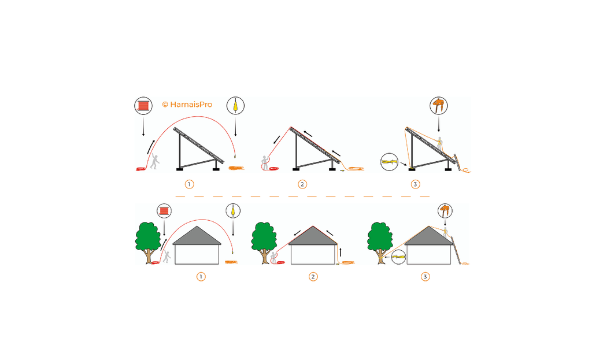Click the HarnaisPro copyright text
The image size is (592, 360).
coord(187,105)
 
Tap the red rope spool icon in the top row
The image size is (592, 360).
coord(143,106)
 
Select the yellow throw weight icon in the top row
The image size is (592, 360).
coord(236,106)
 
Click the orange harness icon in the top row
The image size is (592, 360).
coord(439,106)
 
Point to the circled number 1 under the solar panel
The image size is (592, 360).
coord(189,184)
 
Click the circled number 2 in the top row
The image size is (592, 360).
coord(302,184)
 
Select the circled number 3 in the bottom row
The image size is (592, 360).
coord(425,277)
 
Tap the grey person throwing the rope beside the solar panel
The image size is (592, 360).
coord(154,161)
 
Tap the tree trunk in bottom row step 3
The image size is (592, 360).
coord(381,257)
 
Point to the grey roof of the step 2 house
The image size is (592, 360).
coord(313,237)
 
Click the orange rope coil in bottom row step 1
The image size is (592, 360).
coord(232,263)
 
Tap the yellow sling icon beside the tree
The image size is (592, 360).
coord(399,257)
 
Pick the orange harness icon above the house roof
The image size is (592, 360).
coord(445,210)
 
